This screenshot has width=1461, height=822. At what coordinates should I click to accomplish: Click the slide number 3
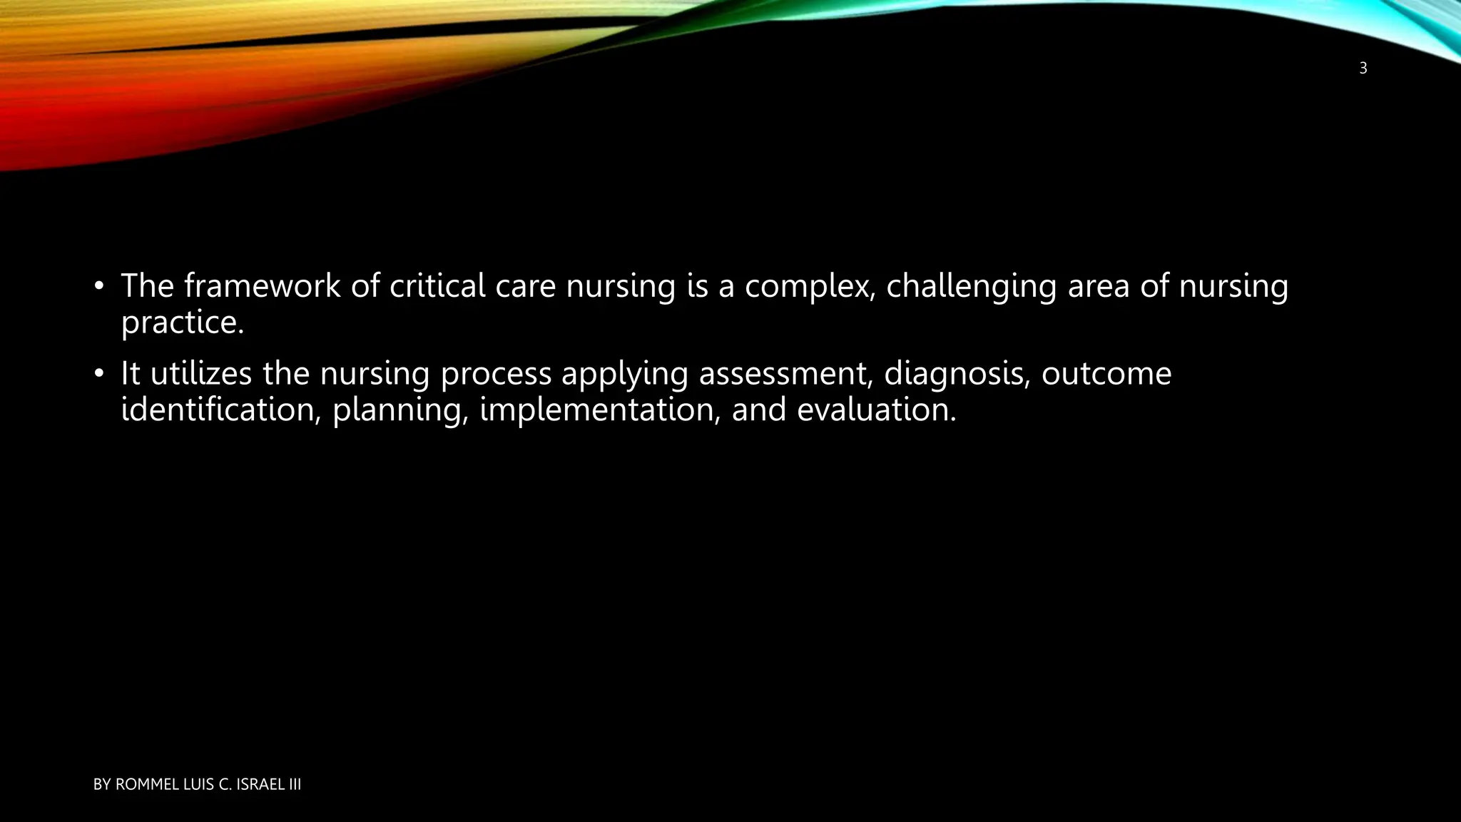(x=1363, y=69)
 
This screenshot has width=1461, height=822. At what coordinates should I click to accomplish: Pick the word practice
(x=183, y=323)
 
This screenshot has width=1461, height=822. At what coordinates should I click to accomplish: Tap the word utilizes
(x=200, y=374)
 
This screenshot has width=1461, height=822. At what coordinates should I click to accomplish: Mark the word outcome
(x=1106, y=374)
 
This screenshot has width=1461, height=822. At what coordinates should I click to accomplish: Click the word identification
(x=220, y=410)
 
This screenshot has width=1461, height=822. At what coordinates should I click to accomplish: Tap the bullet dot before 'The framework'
(x=99, y=288)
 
